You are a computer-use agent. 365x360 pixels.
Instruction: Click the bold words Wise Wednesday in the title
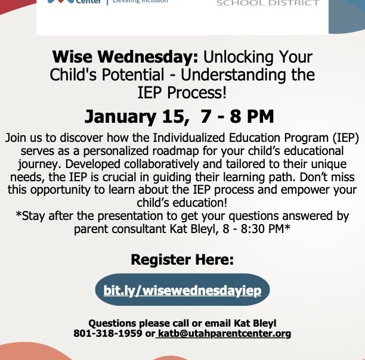point(125,57)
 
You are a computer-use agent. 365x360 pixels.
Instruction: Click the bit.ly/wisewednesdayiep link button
point(182,290)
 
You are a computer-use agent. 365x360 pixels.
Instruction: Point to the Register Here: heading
point(182,259)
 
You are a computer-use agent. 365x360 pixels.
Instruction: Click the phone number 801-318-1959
point(108,333)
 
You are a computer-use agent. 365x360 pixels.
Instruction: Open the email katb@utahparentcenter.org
point(224,334)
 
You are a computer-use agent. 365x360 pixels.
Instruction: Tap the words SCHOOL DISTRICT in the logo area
point(268,3)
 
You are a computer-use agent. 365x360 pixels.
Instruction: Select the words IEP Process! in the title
point(182,92)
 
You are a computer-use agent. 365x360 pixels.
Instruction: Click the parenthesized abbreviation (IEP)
point(345,138)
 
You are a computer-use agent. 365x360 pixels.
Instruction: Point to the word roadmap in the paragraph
point(176,151)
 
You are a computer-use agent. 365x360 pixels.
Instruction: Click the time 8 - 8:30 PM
point(255,229)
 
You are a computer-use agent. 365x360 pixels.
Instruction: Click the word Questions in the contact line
point(112,323)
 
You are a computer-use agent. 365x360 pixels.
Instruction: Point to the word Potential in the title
point(133,75)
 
